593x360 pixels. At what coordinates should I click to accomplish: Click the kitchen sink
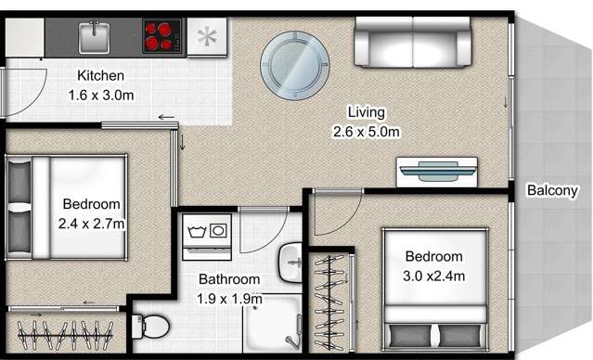click(94, 37)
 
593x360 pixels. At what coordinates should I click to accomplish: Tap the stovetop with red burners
click(161, 36)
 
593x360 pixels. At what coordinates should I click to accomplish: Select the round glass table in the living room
click(294, 66)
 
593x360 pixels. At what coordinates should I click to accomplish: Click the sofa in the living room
click(413, 42)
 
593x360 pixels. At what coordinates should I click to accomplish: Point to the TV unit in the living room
click(437, 172)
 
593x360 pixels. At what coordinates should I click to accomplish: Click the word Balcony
click(552, 190)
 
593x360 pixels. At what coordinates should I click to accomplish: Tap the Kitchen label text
click(100, 75)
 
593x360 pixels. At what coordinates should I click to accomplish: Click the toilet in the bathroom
click(150, 327)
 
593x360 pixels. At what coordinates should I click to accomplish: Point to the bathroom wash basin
click(290, 262)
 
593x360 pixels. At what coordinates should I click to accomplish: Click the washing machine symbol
click(207, 238)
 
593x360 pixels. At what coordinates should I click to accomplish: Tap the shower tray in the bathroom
click(273, 323)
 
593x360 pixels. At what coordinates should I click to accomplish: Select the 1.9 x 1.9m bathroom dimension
click(229, 299)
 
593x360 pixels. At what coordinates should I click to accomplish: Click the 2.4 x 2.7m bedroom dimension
click(92, 224)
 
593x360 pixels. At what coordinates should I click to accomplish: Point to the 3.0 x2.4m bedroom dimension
click(433, 276)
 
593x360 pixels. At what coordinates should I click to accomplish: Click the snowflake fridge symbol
click(207, 37)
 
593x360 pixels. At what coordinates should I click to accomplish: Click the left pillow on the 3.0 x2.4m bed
click(410, 336)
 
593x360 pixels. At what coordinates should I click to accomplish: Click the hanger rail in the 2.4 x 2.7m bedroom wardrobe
click(66, 336)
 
